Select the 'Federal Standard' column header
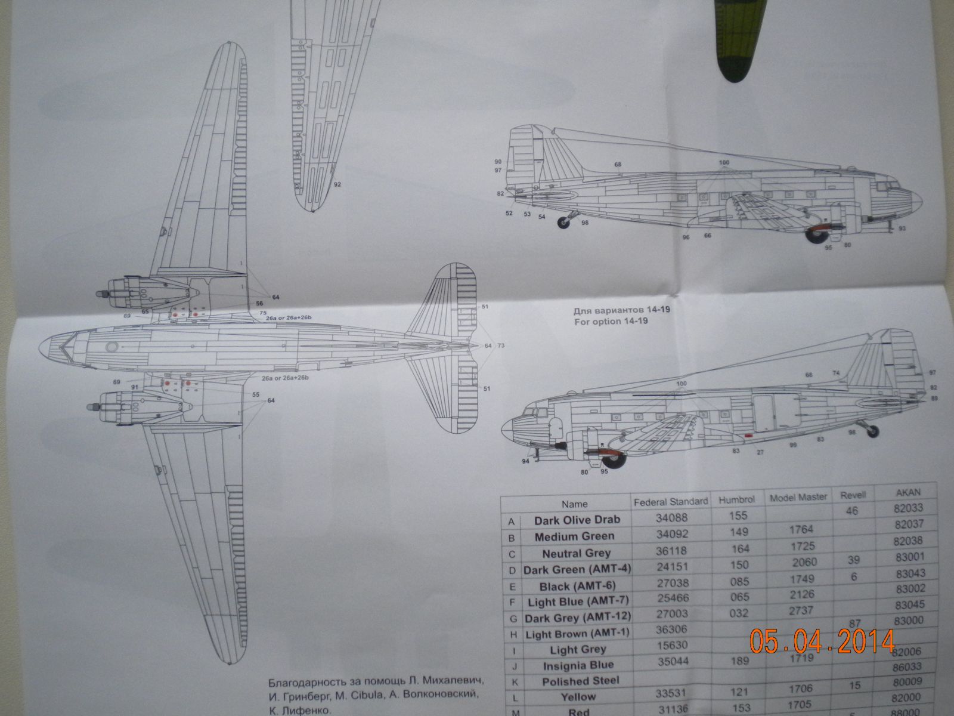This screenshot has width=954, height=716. (670, 501)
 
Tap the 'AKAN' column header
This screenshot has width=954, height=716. (909, 492)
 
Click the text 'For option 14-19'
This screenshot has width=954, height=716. (611, 321)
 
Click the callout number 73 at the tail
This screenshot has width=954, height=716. (501, 345)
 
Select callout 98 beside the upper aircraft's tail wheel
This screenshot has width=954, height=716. (585, 222)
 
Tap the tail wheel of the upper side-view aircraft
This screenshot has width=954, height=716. (563, 223)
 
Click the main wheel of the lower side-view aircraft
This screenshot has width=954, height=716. (616, 461)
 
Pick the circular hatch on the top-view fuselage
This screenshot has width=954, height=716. (111, 347)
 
